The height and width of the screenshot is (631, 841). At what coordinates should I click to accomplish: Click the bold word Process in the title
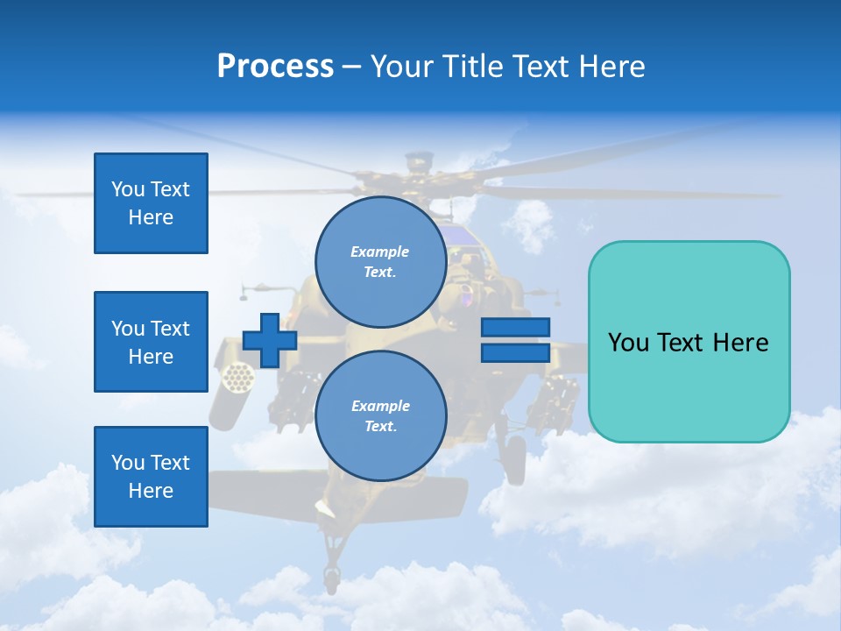click(x=275, y=67)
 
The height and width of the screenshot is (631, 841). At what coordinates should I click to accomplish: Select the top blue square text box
click(x=151, y=203)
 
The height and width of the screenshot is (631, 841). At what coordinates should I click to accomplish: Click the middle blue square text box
click(x=151, y=342)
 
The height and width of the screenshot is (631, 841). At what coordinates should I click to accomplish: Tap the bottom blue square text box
click(x=151, y=477)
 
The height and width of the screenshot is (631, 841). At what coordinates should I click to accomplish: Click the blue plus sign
click(x=270, y=340)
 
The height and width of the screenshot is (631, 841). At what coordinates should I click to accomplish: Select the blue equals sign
click(x=515, y=340)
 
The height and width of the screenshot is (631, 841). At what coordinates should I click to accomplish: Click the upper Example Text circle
click(x=381, y=262)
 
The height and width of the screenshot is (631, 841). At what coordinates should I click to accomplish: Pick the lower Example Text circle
click(x=381, y=416)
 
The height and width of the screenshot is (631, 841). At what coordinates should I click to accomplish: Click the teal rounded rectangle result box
click(x=689, y=342)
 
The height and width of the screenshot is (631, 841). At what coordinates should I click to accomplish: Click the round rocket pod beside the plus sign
click(x=237, y=378)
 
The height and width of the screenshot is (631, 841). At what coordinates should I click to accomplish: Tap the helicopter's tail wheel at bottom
click(x=331, y=577)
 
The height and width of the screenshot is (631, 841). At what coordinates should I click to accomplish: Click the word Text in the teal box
click(x=682, y=342)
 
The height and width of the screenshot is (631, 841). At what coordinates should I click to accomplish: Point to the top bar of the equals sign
click(x=515, y=327)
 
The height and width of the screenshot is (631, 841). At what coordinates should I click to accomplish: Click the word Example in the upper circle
click(x=380, y=252)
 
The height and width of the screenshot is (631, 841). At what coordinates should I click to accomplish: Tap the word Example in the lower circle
click(x=380, y=406)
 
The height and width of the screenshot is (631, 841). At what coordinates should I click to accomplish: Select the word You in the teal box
click(x=627, y=342)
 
